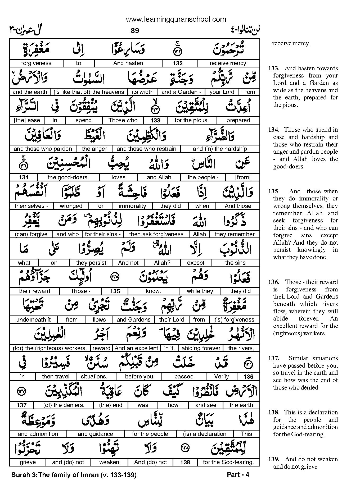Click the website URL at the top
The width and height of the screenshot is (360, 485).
(x=176, y=19)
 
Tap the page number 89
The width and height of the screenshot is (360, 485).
(x=135, y=31)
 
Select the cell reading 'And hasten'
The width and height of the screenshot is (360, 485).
(x=128, y=63)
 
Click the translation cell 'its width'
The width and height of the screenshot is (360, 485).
(x=143, y=92)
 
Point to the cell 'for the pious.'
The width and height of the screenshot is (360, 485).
(x=192, y=120)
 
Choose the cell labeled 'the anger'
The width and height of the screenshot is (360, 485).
(x=94, y=149)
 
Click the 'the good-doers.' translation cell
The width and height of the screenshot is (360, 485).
(x=68, y=177)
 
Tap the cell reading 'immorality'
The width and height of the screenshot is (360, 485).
(x=132, y=206)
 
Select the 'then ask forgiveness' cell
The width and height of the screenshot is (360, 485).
(x=156, y=234)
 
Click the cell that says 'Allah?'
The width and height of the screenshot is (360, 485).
(x=162, y=263)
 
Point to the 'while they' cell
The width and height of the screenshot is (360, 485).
(x=200, y=291)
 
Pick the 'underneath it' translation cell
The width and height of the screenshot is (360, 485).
(x=33, y=320)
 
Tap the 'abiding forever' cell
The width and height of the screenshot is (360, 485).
(x=201, y=348)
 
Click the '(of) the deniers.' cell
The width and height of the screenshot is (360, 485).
(x=64, y=405)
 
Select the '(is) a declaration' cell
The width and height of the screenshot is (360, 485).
(x=205, y=434)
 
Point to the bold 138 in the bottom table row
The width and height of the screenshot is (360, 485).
(x=185, y=463)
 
